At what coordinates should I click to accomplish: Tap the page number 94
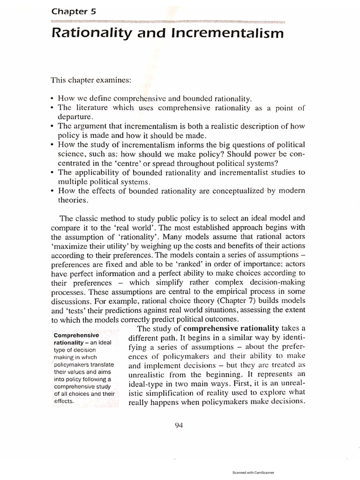178,425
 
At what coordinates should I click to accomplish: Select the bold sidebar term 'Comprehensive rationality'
76,339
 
